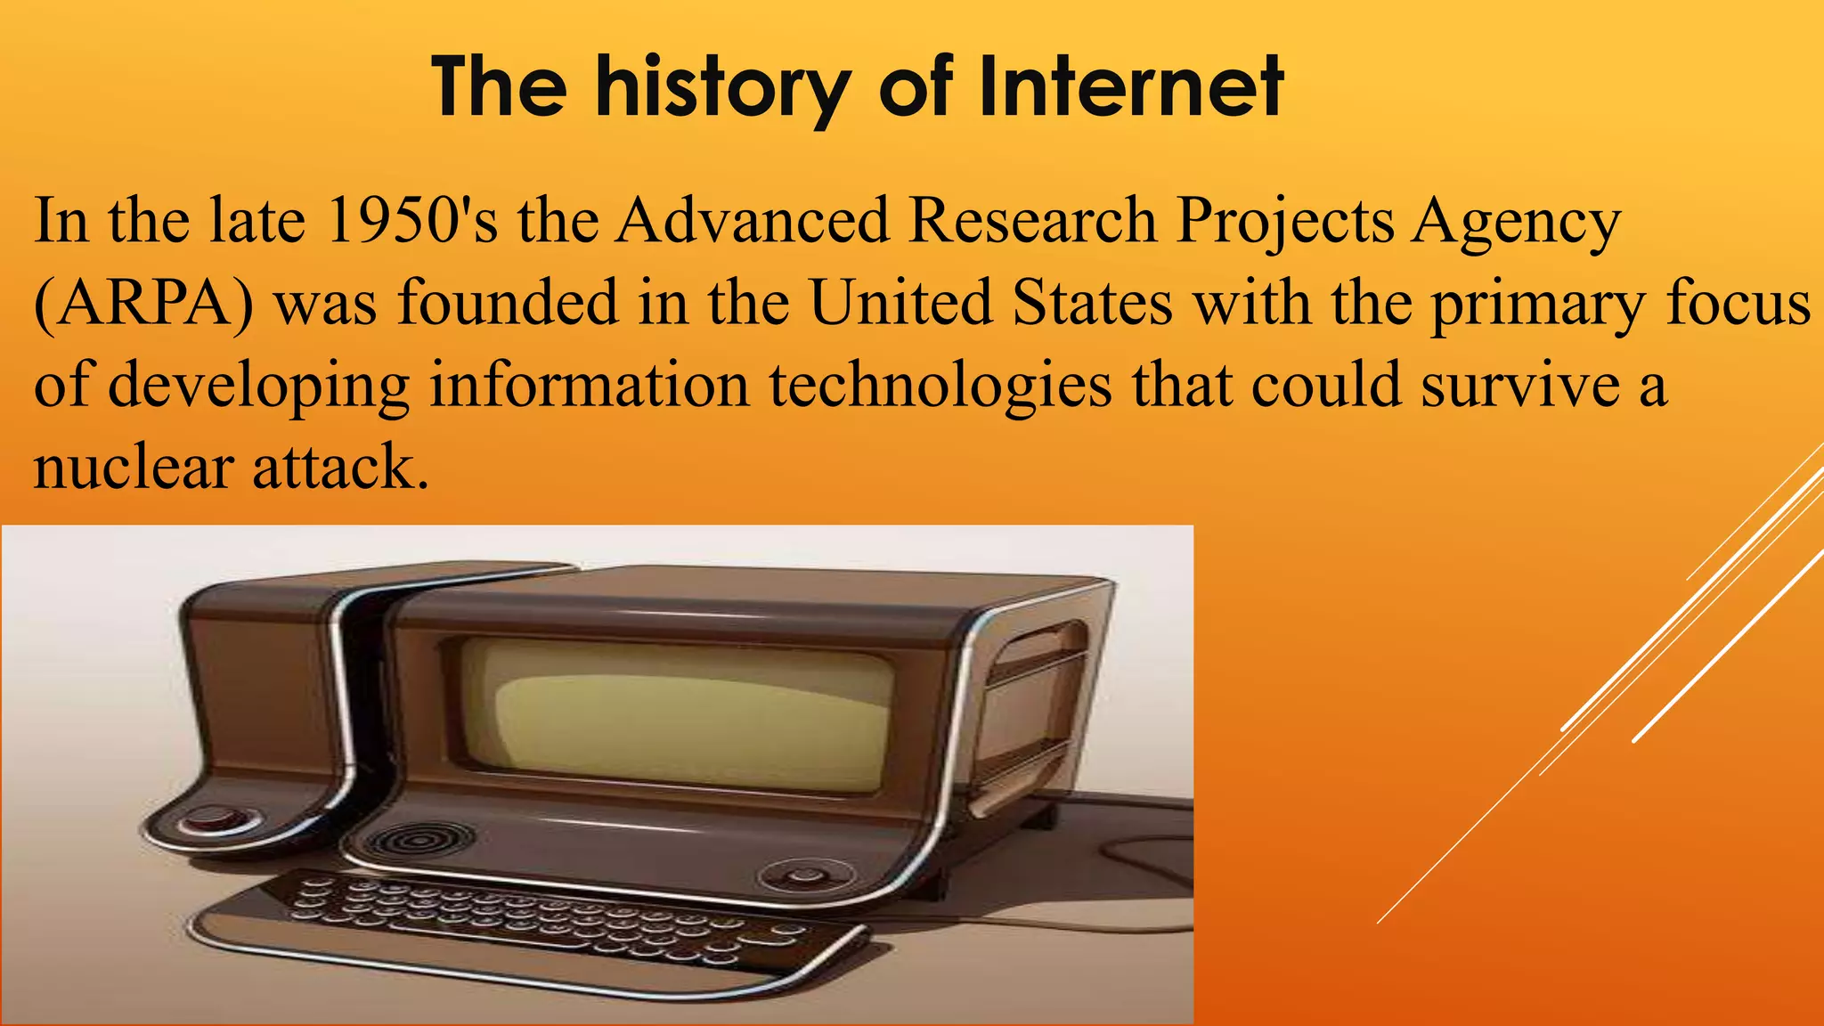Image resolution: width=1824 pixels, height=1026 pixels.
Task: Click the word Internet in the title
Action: pos(1129,87)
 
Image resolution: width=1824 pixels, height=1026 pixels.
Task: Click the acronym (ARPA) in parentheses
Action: pos(142,303)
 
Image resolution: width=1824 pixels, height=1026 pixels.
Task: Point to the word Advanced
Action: pos(753,220)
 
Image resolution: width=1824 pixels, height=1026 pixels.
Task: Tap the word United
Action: pos(900,303)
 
